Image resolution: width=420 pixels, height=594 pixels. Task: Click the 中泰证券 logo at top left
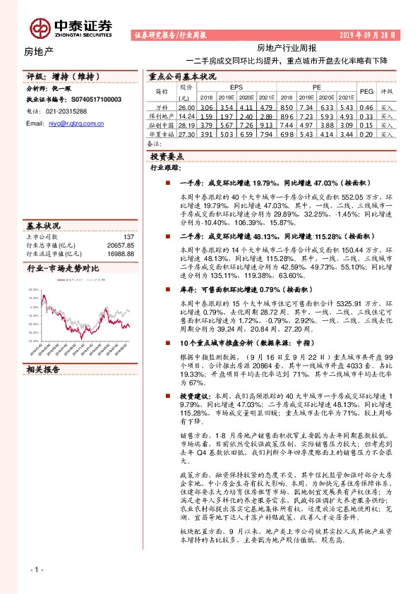(71, 27)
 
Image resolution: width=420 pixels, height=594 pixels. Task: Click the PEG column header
(366, 91)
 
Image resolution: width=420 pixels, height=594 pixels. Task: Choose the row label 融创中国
(162, 124)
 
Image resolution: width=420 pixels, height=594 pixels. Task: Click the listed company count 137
(128, 237)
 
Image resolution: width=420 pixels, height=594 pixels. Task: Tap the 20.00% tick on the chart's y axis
(33, 290)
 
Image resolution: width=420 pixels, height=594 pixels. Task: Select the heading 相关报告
(44, 369)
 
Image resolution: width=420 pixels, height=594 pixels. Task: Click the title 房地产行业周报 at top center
(286, 48)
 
